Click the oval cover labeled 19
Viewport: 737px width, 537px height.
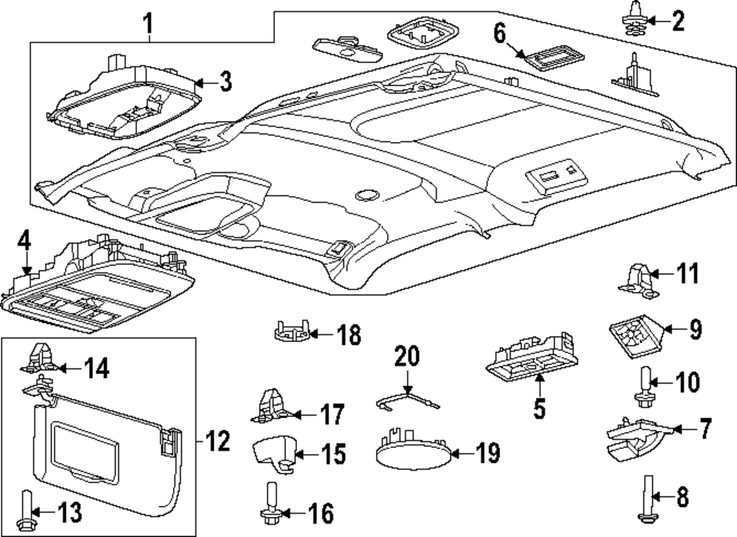coord(413,451)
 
